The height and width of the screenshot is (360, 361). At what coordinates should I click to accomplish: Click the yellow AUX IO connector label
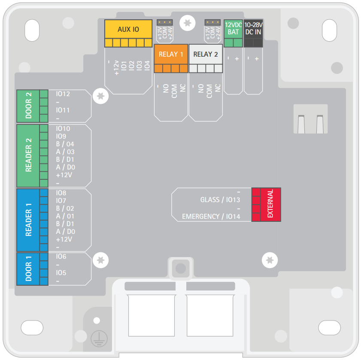(x=128, y=29)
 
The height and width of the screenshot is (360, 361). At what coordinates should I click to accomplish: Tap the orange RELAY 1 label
(x=171, y=54)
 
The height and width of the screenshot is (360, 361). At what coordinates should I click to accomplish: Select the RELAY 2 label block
(x=206, y=54)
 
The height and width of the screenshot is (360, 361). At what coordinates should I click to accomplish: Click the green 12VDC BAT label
(x=233, y=29)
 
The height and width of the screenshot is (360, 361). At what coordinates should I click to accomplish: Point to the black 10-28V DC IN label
(x=253, y=29)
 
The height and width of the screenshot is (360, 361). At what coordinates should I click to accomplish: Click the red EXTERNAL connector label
(x=271, y=204)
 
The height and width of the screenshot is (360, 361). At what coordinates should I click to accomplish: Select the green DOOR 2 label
(x=28, y=106)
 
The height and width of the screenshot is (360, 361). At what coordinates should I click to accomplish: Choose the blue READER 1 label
(x=28, y=220)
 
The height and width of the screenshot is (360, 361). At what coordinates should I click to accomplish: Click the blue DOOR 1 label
(x=28, y=269)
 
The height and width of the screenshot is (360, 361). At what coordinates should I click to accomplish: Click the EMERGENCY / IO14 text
(x=211, y=216)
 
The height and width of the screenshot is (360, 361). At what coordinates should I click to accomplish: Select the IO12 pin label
(x=63, y=94)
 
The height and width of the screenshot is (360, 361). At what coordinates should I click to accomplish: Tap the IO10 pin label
(x=63, y=129)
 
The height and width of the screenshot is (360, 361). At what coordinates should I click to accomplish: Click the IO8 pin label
(x=61, y=193)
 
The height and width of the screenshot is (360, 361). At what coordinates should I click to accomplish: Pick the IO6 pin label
(x=61, y=256)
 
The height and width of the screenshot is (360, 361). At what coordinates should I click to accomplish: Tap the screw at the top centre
(x=187, y=23)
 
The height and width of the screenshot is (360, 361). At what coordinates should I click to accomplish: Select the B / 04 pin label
(x=65, y=144)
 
